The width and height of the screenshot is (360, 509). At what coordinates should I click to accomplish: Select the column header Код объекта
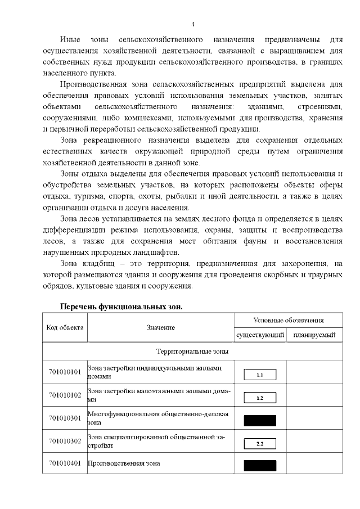pos(65,327)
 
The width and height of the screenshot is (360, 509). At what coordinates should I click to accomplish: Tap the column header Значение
pos(161,327)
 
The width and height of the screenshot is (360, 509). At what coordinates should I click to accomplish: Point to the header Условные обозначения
pos(289,320)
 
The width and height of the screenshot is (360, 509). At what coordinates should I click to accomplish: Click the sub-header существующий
pos(259,335)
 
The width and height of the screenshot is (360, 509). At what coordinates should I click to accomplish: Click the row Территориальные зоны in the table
pos(192,351)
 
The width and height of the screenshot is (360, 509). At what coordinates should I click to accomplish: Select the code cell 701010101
pos(65,372)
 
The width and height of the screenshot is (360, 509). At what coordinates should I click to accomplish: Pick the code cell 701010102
pos(65,395)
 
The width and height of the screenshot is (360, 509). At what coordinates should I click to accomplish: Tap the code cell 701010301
pos(65,418)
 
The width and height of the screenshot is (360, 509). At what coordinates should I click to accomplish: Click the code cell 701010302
pos(65,441)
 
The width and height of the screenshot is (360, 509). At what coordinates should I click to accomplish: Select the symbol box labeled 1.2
pos(259,398)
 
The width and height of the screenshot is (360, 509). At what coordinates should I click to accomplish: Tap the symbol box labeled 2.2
pos(259,444)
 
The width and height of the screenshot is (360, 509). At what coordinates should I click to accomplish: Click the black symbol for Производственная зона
pos(259,465)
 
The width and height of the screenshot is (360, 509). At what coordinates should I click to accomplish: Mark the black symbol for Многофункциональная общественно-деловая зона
pos(259,420)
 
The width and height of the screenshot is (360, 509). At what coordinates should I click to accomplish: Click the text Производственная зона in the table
pos(124,463)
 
